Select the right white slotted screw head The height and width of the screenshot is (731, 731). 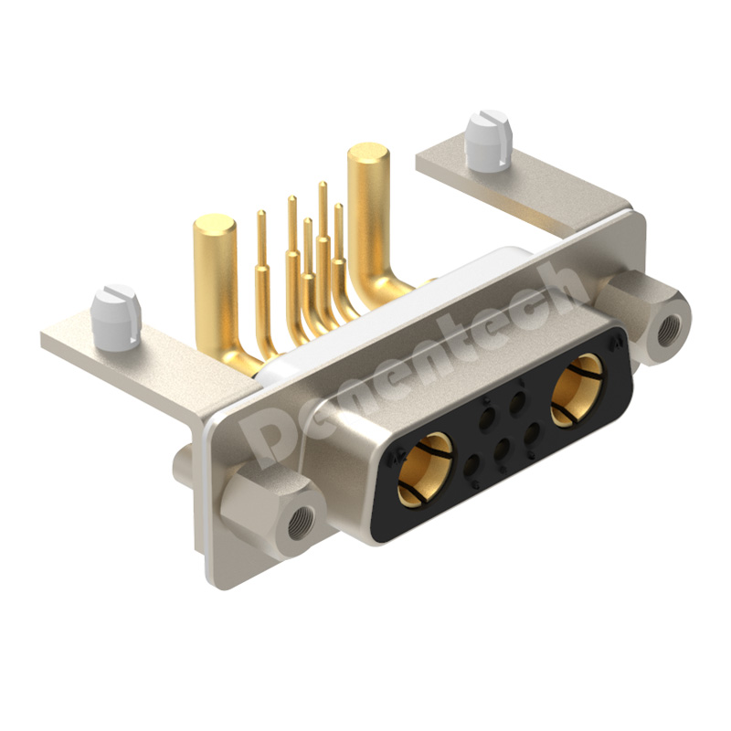point(488,141)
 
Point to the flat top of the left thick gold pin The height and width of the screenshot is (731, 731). point(214,225)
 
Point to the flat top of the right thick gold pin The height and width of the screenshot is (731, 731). point(369,154)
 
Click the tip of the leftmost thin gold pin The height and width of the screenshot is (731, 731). point(261,213)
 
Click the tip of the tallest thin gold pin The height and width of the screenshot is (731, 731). point(323,184)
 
